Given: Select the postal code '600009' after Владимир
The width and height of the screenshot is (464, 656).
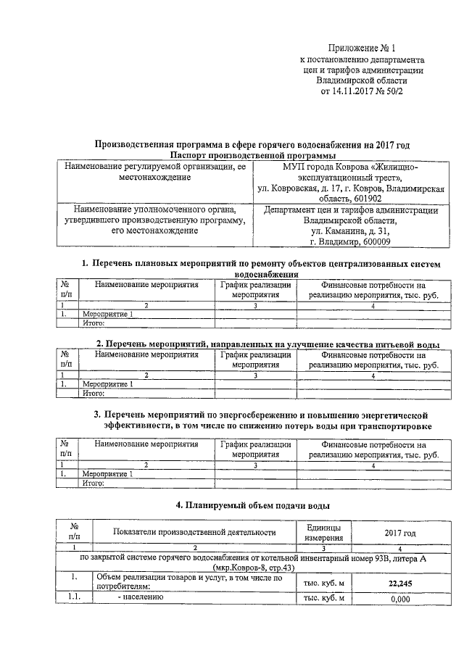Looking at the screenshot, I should coord(375,243).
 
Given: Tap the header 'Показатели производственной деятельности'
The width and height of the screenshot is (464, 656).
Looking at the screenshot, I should coord(194,533).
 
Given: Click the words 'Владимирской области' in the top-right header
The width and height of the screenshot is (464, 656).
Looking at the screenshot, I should coord(362,82).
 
